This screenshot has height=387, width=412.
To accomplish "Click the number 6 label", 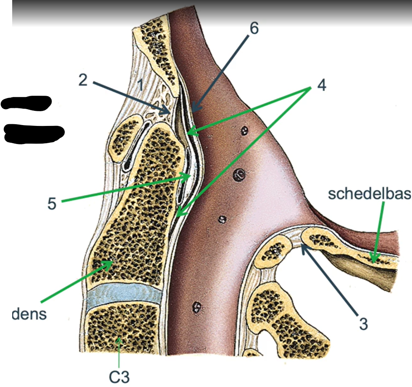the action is pyautogui.click(x=254, y=28).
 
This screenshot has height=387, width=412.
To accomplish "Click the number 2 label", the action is pyautogui.click(x=83, y=80).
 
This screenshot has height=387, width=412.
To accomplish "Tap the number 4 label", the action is pyautogui.click(x=322, y=85).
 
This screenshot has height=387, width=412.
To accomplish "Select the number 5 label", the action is pyautogui.click(x=52, y=203).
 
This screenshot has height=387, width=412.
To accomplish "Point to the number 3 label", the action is pyautogui.click(x=363, y=324).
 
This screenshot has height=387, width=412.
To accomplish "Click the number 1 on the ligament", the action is pyautogui.click(x=141, y=85).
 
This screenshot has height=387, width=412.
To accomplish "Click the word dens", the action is pyautogui.click(x=29, y=314).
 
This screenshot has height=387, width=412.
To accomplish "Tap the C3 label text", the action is pyautogui.click(x=119, y=377).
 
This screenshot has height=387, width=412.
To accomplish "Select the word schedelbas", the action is pyautogui.click(x=370, y=194).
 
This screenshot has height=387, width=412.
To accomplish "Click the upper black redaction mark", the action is pyautogui.click(x=26, y=103).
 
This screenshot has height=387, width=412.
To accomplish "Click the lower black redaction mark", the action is pyautogui.click(x=34, y=134).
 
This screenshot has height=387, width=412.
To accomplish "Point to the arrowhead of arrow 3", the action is pyautogui.click(x=304, y=247).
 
